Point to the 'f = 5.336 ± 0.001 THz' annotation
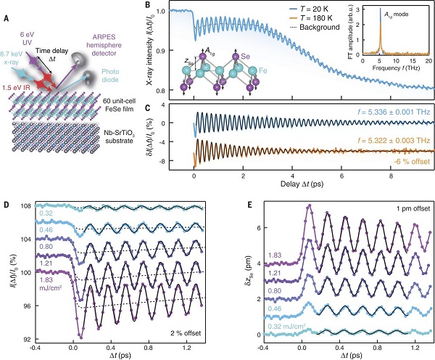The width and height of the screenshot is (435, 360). [380, 113]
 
